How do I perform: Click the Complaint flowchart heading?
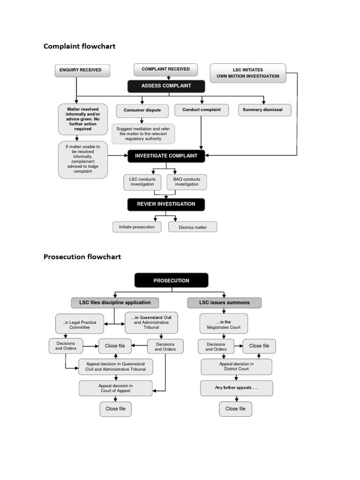tap(79, 46)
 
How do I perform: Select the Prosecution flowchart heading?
tap(82, 256)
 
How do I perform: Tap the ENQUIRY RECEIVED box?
tap(83, 70)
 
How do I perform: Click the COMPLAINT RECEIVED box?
tap(165, 69)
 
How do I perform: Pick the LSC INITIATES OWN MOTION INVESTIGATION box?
tap(247, 73)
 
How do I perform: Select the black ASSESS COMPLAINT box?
tap(166, 86)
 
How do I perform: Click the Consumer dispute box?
tap(142, 110)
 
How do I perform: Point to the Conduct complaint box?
tap(202, 110)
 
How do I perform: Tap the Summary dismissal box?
tap(264, 110)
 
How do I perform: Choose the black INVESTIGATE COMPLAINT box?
tap(166, 156)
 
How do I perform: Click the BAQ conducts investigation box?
tap(187, 182)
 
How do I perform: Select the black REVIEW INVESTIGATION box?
tap(166, 204)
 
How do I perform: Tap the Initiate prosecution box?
tap(137, 227)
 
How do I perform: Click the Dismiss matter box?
tap(193, 227)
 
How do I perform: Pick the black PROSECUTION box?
tap(171, 280)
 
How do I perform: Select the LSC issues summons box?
tap(224, 303)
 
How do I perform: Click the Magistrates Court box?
tap(224, 324)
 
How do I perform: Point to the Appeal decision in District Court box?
tap(236, 367)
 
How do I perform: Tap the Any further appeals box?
tap(236, 388)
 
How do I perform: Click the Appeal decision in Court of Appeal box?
tap(115, 388)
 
